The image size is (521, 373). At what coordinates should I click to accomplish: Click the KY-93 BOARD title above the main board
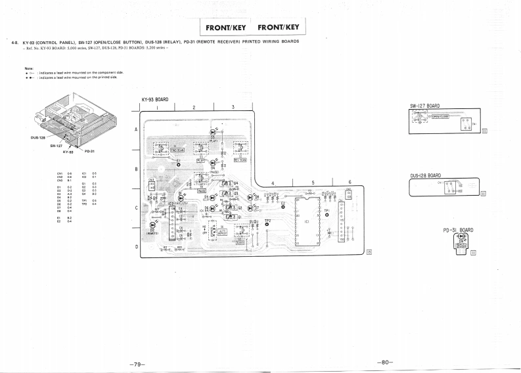154,100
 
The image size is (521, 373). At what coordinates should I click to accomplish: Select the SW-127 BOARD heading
424,105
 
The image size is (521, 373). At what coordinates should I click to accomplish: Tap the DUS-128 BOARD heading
425,176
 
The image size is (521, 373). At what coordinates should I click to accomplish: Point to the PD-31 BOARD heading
458,230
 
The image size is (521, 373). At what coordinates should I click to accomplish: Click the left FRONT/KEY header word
226,28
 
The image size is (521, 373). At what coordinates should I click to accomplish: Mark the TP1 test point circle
327,215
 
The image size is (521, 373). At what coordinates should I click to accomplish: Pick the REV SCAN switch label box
240,160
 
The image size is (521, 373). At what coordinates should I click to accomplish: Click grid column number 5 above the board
313,183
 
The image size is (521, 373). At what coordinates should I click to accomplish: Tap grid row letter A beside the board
136,129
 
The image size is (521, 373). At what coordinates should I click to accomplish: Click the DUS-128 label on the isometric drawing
38,137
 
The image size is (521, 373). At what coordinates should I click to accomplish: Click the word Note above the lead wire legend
29,68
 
